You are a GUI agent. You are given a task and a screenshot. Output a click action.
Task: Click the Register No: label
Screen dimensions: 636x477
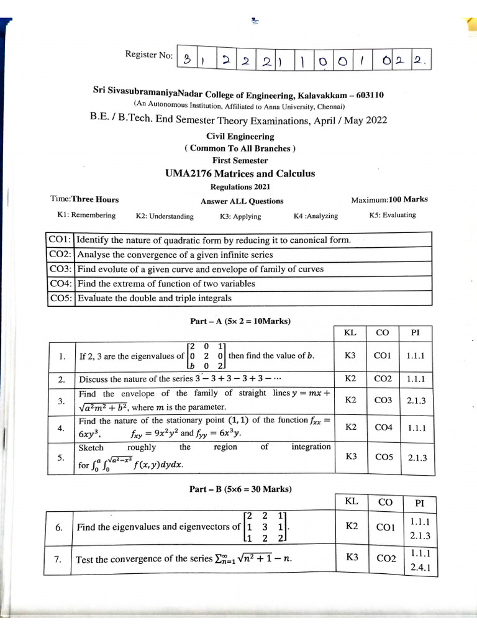(148, 55)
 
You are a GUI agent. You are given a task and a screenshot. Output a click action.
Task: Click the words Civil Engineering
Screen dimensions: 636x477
(240, 137)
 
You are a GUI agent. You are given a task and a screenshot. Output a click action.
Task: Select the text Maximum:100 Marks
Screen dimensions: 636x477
(389, 200)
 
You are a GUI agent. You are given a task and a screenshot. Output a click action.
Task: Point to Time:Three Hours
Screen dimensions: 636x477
(84, 200)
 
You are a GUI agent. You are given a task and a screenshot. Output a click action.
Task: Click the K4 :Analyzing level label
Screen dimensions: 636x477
(316, 216)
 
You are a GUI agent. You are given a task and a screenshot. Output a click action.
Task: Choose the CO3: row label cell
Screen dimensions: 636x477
(61, 269)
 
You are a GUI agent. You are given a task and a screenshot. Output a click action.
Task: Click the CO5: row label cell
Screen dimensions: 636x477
(61, 298)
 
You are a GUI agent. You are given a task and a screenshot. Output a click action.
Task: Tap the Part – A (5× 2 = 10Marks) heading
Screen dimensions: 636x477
(240, 322)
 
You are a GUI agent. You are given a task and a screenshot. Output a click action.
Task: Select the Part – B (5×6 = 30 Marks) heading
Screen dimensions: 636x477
(240, 489)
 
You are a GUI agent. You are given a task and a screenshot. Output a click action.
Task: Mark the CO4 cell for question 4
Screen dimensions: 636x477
(383, 427)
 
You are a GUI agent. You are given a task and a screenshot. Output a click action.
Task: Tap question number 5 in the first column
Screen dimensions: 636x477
(61, 458)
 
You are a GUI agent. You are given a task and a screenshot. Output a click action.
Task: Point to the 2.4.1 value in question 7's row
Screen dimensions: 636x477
(420, 567)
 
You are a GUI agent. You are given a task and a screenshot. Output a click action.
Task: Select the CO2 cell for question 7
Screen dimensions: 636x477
(386, 559)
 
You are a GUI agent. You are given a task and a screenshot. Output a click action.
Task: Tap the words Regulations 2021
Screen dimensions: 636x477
(240, 187)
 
